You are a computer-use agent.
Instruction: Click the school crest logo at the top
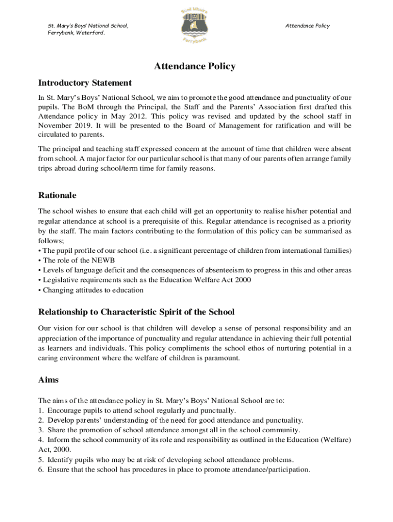coord(196,25)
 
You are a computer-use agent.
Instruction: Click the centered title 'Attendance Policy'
coord(195,66)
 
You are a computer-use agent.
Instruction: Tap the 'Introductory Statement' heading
coord(85,83)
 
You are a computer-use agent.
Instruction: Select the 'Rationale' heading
coord(57,195)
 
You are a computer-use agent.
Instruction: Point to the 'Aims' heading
coord(48,380)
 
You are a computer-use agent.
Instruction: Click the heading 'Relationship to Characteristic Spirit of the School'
coord(136,311)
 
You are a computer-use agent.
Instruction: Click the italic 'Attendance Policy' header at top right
coord(307,26)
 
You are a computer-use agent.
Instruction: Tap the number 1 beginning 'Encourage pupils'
coord(41,410)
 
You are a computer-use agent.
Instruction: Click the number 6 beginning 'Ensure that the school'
coord(41,469)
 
